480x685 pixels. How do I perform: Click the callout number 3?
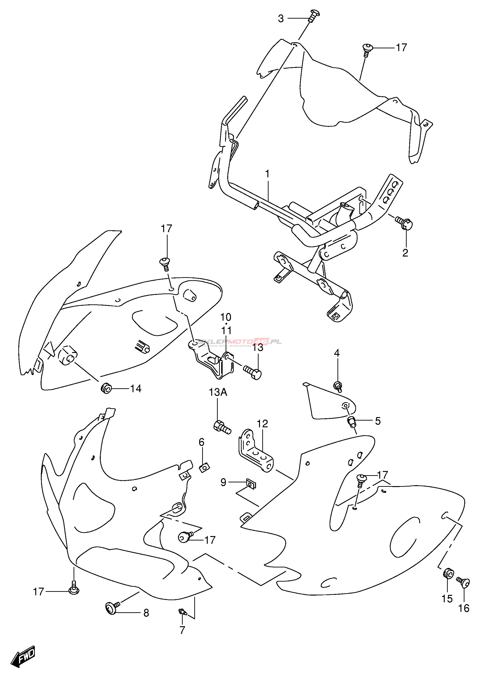click(x=281, y=19)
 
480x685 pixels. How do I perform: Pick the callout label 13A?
click(x=218, y=392)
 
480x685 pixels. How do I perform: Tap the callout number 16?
click(x=464, y=608)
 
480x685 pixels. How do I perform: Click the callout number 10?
click(x=226, y=317)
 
